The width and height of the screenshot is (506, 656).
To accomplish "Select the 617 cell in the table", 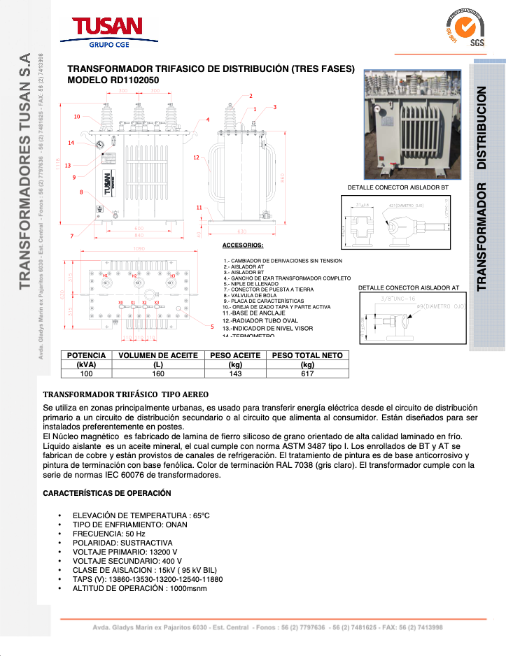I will tap(307, 374).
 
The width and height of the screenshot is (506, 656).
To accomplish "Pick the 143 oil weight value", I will tap(236, 374).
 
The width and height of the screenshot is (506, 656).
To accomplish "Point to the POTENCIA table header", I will tap(86, 355).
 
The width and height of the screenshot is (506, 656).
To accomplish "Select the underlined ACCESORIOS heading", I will tap(242, 245).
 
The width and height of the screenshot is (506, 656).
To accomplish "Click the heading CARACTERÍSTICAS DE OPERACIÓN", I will tap(107, 493).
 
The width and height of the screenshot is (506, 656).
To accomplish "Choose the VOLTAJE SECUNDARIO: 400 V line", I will tap(127, 561).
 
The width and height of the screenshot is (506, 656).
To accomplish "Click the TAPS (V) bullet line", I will tap(148, 579).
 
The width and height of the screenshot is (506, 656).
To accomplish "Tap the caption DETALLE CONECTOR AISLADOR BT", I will tap(398, 187).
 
